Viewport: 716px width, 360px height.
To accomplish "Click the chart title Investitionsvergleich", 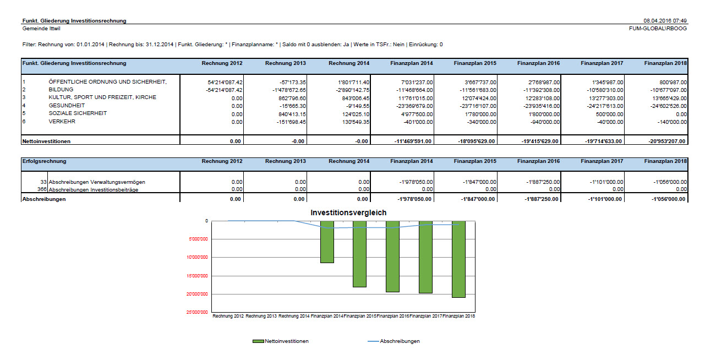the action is (348, 212).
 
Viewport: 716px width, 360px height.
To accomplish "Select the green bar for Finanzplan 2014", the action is (327, 242).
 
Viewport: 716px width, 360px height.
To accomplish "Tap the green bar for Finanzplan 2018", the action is (458, 259).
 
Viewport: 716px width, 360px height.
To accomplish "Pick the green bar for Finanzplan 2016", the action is (392, 257).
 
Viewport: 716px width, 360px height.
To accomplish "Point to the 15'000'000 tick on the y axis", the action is (197, 276).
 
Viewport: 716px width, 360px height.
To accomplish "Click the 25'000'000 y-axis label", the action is (197, 312).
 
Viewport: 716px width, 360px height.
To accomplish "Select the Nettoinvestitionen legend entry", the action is (281, 341).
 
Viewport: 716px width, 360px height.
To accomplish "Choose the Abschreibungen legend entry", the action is (394, 341).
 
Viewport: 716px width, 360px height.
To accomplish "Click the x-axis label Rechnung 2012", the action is (228, 316).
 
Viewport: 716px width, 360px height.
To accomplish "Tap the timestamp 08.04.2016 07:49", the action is (665, 21).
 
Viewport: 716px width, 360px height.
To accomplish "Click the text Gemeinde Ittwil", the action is (41, 29).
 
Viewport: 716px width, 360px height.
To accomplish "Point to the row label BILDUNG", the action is (61, 90).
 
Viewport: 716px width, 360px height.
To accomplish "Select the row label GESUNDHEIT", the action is (67, 106).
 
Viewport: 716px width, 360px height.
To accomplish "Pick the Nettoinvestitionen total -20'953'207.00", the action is (667, 141).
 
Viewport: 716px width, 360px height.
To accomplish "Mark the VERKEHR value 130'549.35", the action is (356, 122).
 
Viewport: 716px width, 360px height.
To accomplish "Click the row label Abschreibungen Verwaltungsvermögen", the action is (97, 182).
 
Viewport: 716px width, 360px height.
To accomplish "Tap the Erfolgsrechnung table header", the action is (44, 161).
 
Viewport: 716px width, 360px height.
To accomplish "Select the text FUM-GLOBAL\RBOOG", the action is (658, 29).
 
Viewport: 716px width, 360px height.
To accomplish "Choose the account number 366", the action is (42, 189).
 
